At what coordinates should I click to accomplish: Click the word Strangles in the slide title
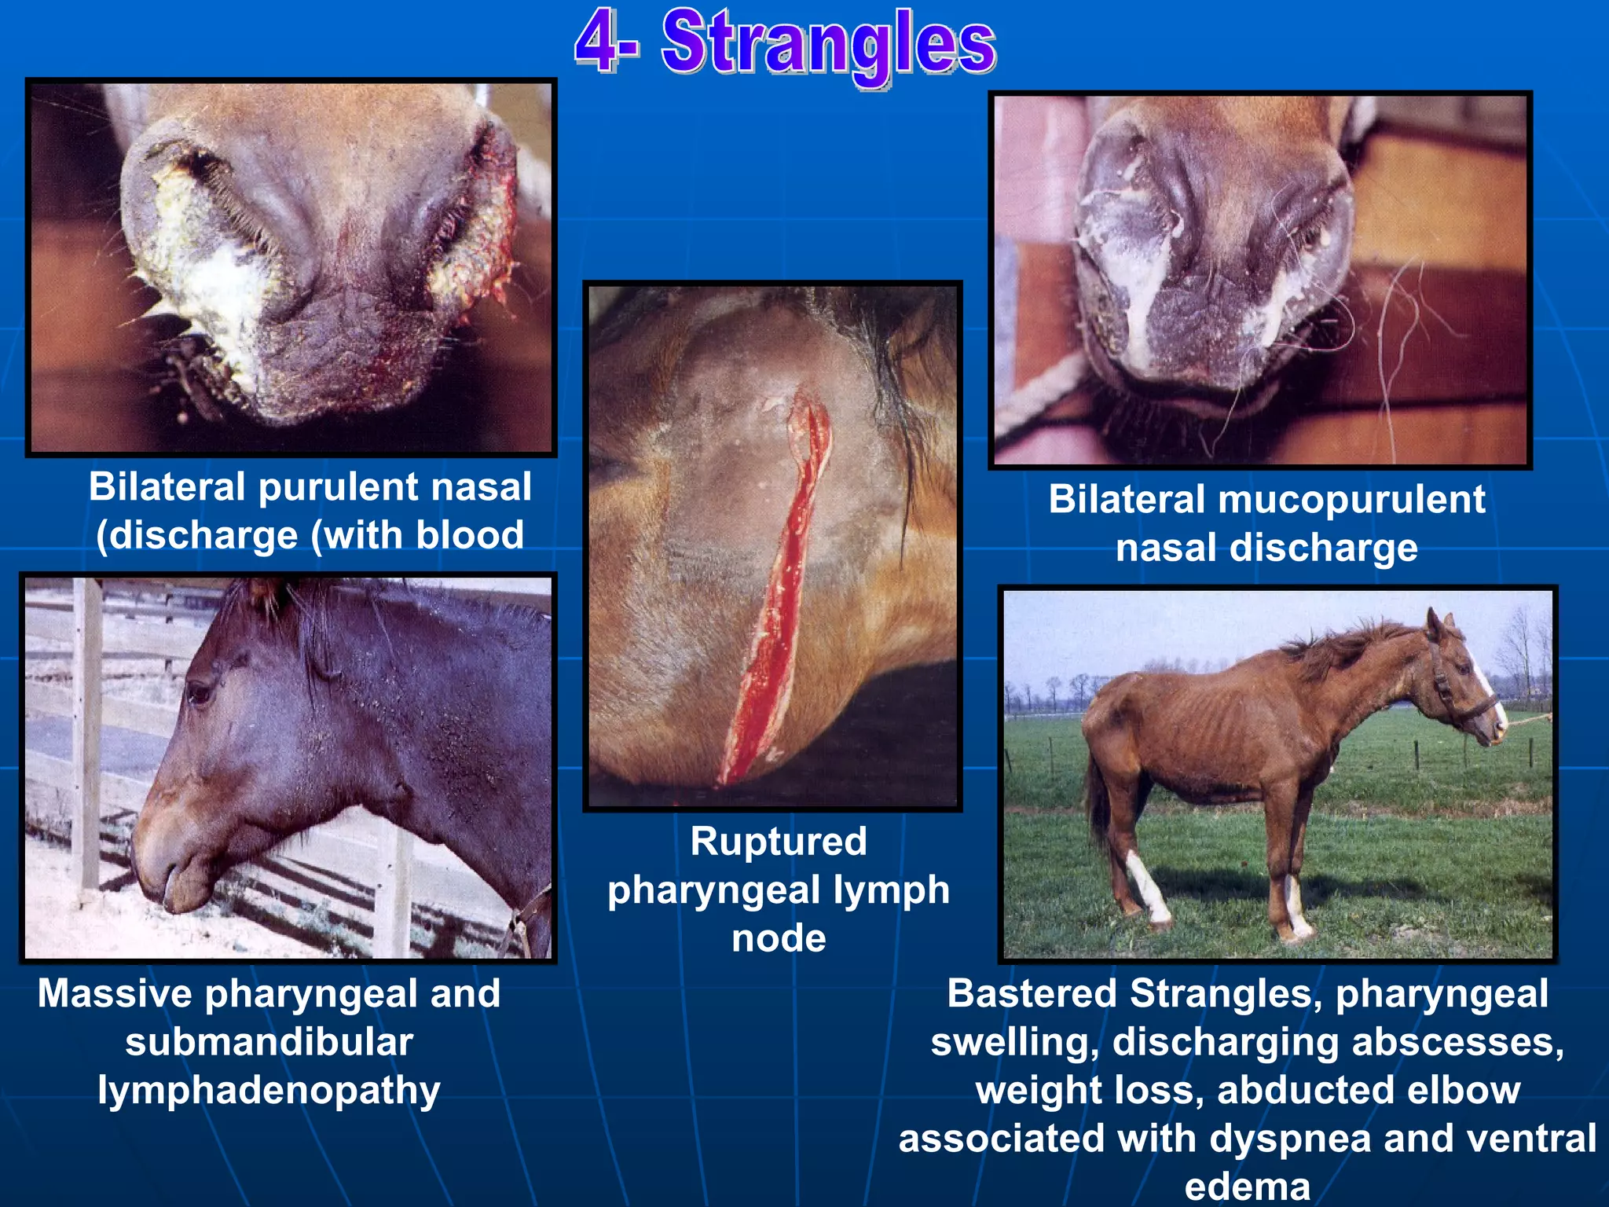[x=829, y=43]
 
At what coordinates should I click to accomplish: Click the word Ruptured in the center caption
[x=779, y=842]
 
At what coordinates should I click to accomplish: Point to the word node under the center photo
[x=779, y=938]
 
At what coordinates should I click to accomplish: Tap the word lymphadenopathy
[x=269, y=1091]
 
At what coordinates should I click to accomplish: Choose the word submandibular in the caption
[x=269, y=1042]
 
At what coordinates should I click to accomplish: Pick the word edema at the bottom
[x=1248, y=1187]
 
